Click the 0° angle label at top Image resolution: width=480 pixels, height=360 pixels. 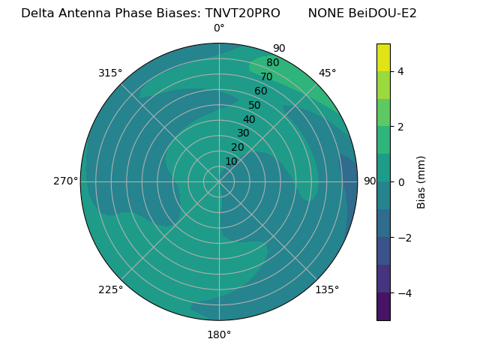(219, 28)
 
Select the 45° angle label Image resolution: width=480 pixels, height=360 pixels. (327, 73)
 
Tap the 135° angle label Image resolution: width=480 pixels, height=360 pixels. (327, 289)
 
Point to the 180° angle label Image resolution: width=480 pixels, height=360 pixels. (219, 334)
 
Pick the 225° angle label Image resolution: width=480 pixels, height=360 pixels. (110, 289)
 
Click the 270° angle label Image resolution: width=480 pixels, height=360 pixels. (65, 181)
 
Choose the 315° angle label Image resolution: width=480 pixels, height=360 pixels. (110, 73)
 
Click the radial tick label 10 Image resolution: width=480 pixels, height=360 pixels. (231, 161)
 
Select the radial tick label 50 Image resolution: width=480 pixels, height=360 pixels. (255, 105)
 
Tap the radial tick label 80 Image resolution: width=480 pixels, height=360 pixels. (272, 63)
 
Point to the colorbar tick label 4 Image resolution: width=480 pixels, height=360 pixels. (401, 71)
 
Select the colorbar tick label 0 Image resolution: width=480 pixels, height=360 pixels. (401, 182)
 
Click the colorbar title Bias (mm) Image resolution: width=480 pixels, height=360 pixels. (421, 182)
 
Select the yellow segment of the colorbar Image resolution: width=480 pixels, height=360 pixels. (383, 57)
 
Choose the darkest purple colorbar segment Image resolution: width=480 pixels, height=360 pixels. (383, 307)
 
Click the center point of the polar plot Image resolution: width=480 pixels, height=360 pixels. (219, 181)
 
